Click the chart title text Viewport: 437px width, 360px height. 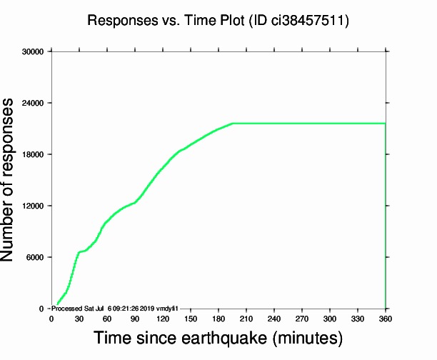pyautogui.click(x=218, y=21)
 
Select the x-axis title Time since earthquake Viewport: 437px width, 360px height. pyautogui.click(x=218, y=336)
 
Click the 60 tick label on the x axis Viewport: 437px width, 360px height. pyautogui.click(x=107, y=319)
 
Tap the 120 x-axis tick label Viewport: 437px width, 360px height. pyautogui.click(x=163, y=319)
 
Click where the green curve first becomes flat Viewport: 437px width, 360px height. pyautogui.click(x=233, y=124)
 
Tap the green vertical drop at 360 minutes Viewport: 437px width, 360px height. pyautogui.click(x=386, y=214)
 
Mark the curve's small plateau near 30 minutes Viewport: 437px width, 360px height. pyautogui.click(x=81, y=251)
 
